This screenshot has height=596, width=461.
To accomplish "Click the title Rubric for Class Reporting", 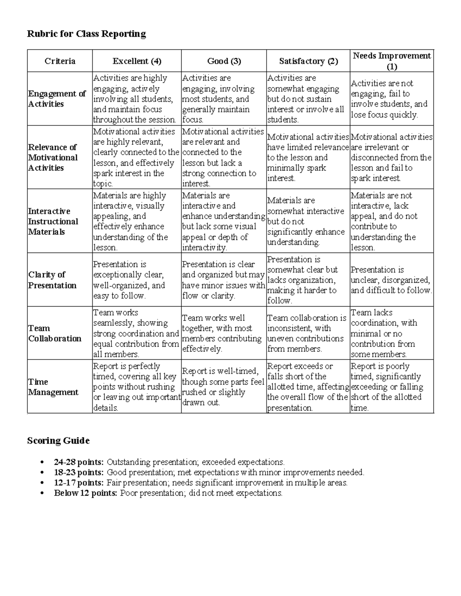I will tap(86, 34).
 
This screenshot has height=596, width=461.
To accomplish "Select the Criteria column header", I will tap(60, 61).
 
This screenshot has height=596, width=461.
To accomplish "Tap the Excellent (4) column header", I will tap(137, 61).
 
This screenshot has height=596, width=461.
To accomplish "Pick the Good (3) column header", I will tap(224, 61).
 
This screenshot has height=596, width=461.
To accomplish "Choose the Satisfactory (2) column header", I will tap(308, 61).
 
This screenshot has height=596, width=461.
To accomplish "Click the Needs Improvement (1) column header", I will tap(392, 61).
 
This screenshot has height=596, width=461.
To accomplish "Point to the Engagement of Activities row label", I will tap(57, 99).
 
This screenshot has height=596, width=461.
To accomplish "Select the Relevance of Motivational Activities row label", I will tap(53, 157).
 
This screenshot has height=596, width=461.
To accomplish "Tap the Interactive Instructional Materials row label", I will tap(53, 221).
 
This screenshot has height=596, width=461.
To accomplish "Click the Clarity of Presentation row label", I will tap(52, 280).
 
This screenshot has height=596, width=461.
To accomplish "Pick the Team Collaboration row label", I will tap(55, 333).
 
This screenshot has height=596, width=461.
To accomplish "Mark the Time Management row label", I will tap(53, 387).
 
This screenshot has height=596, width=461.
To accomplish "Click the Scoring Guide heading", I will tap(58, 441).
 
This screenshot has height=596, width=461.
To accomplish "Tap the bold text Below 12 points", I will tap(86, 493).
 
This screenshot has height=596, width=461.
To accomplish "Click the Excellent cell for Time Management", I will tap(136, 387).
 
